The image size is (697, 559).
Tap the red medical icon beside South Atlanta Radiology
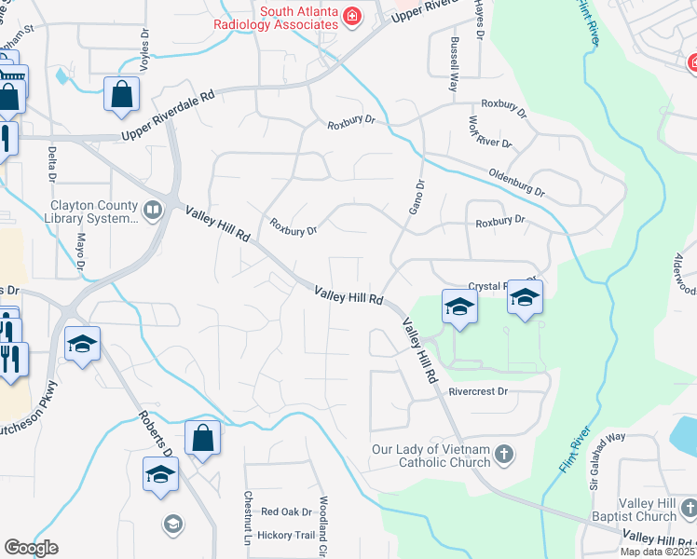click(352, 15)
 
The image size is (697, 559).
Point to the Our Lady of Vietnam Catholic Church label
click(430, 456)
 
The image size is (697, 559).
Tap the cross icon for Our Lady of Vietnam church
click(504, 454)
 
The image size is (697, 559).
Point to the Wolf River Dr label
click(489, 132)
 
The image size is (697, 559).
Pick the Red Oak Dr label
click(285, 511)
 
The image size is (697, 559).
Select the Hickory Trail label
click(287, 535)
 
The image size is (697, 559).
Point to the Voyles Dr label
click(145, 44)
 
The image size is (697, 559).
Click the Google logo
click(32, 548)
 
